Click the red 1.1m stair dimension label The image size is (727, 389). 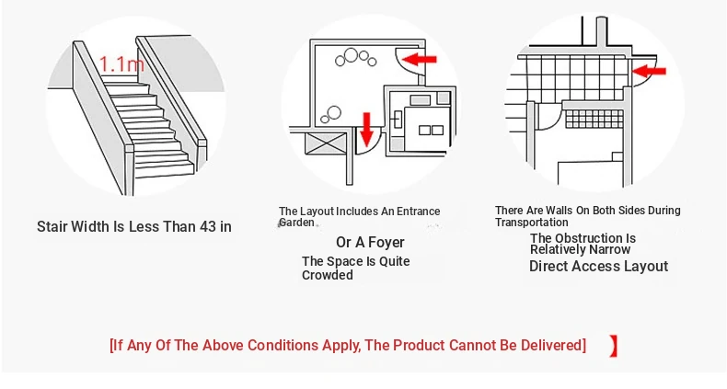point(121,63)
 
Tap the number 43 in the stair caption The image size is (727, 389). point(209,226)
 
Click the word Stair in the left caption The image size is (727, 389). point(52,226)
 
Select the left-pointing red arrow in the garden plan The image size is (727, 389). point(419,59)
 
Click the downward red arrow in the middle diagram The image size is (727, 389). point(367,130)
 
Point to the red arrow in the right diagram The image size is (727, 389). point(649,72)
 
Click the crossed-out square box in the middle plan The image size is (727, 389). point(327,143)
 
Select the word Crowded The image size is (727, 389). point(328,275)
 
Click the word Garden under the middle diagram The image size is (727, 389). point(296,223)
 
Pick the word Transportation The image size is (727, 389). point(531,223)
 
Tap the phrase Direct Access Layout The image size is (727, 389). point(598,267)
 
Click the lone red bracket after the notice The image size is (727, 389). point(614,346)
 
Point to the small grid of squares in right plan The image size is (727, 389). point(594,119)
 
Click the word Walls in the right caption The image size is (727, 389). point(560,211)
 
